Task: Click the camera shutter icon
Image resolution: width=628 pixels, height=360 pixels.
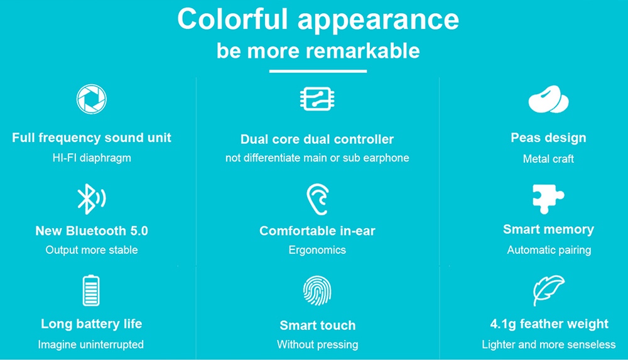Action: (91, 99)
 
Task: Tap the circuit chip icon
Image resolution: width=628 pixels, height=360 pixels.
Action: (317, 99)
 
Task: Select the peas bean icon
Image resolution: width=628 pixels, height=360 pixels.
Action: (548, 99)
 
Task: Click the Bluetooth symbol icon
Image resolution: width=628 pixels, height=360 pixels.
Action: (91, 199)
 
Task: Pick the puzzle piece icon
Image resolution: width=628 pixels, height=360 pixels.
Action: (548, 199)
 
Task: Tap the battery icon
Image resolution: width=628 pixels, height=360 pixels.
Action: (91, 291)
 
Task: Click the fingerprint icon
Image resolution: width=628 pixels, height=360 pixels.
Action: (317, 291)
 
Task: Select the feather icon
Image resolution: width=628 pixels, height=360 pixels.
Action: (548, 290)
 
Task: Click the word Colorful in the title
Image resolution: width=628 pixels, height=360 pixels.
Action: (233, 19)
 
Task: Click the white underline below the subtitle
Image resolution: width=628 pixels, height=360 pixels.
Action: (318, 72)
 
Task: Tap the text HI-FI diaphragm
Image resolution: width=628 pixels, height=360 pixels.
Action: (92, 158)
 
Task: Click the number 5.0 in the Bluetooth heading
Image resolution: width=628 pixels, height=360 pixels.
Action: (139, 231)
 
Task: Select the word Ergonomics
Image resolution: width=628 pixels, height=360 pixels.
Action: (317, 250)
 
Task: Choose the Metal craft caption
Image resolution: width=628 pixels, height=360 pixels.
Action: (548, 159)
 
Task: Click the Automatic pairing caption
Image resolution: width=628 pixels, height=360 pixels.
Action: (549, 250)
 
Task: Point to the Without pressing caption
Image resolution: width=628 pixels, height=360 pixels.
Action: (318, 344)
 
